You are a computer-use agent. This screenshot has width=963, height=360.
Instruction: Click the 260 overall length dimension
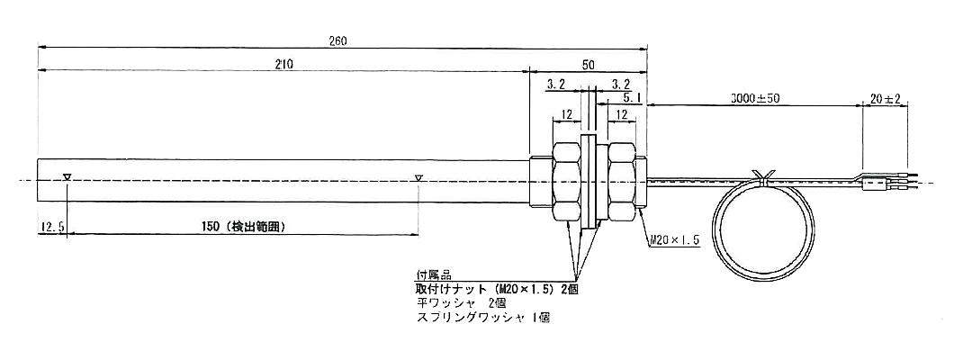338,40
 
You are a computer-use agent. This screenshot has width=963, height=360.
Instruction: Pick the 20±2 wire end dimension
886,96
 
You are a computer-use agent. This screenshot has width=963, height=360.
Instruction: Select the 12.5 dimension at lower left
50,229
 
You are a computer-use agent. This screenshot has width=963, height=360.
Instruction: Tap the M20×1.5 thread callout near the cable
672,241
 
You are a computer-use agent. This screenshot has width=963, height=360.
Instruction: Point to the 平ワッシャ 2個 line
455,304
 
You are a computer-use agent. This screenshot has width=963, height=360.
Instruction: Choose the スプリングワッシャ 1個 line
482,318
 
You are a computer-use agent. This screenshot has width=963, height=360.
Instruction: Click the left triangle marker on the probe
67,177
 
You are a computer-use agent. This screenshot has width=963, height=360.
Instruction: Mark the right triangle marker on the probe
418,177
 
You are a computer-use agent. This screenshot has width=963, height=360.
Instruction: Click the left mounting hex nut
566,180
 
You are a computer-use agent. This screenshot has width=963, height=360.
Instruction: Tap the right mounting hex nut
623,180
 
